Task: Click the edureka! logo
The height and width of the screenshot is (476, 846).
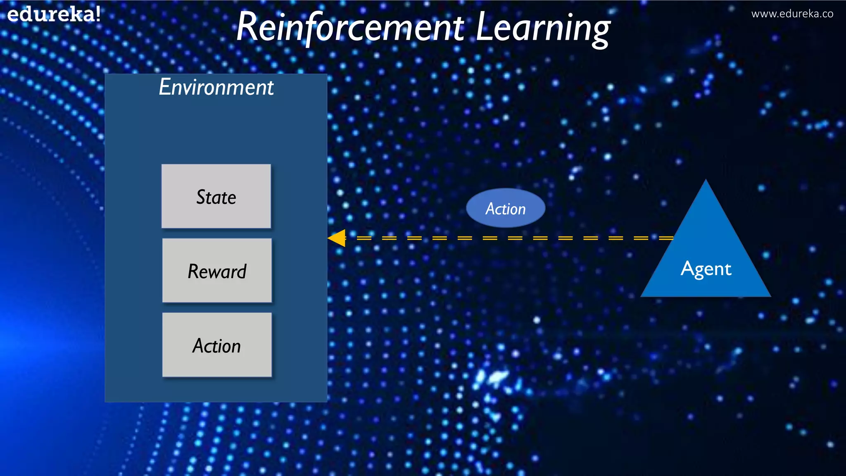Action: [x=54, y=14]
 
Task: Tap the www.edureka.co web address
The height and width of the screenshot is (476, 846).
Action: [x=792, y=14]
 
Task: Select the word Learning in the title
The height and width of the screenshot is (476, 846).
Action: [x=543, y=28]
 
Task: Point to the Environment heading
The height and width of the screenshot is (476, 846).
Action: [x=216, y=87]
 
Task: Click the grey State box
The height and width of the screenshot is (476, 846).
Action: [x=216, y=215]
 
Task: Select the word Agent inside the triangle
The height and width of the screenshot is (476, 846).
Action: [x=706, y=269]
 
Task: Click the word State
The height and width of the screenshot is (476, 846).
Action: [x=216, y=197]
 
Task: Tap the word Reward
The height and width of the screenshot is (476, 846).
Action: [x=217, y=271]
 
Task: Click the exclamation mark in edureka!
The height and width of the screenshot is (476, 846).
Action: [x=97, y=14]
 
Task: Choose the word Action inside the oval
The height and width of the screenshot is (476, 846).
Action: [x=506, y=209]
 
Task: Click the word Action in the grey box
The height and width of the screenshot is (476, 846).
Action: [x=216, y=346]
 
